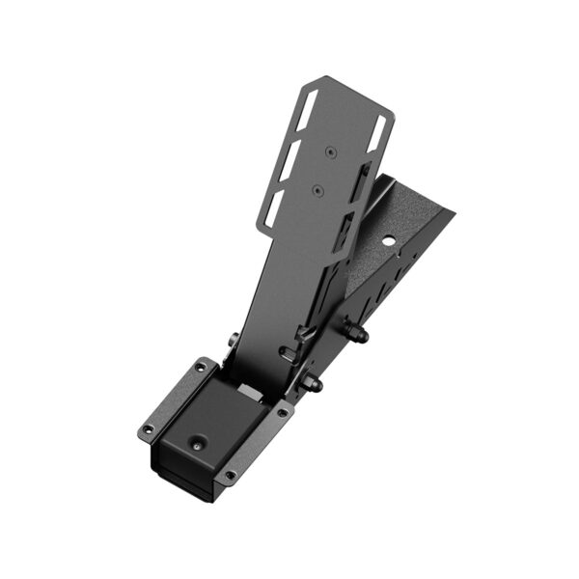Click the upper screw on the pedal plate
click(331, 152)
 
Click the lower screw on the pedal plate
click(317, 190)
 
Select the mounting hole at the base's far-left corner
click(148, 429)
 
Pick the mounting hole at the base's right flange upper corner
click(281, 412)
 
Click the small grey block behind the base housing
click(249, 392)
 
